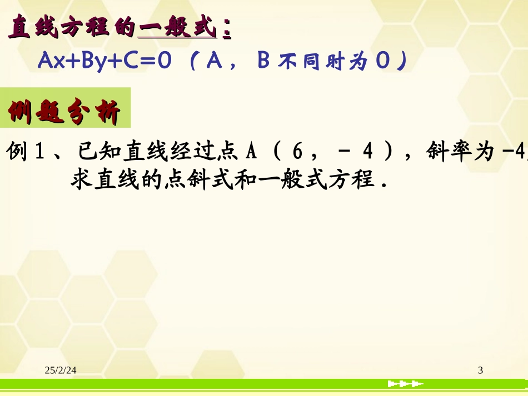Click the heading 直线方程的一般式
[x=119, y=28]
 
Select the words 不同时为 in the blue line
[x=322, y=62]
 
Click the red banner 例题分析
[x=64, y=114]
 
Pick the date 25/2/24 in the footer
[x=61, y=370]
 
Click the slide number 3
[x=480, y=370]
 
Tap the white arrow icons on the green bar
[x=405, y=384]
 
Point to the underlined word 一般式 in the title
[x=177, y=28]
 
